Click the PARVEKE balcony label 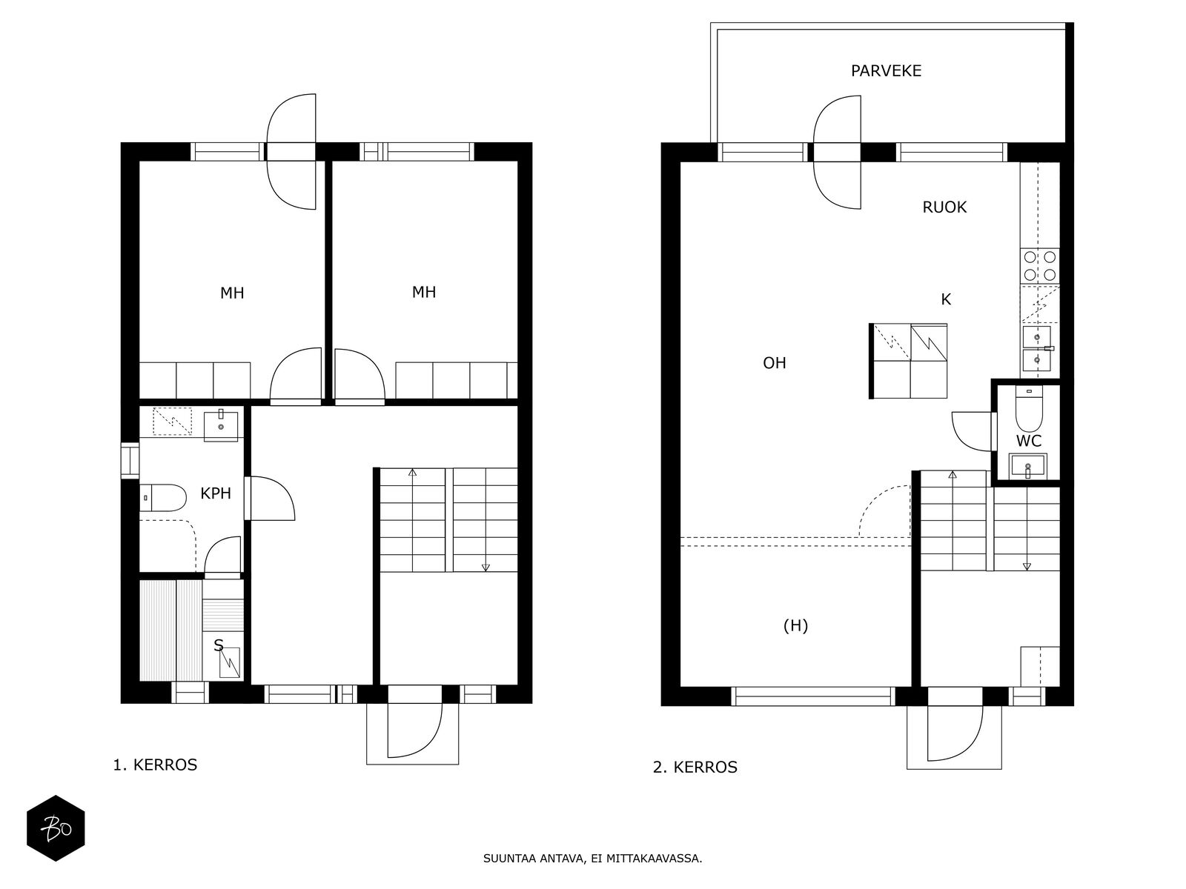[x=886, y=70]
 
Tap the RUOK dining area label [x=944, y=207]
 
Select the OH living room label [x=775, y=363]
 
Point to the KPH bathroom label [x=216, y=493]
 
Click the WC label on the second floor [x=1029, y=441]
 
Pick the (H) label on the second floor [x=795, y=625]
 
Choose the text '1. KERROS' [x=155, y=765]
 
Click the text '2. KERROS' [x=695, y=767]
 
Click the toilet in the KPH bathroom [x=163, y=498]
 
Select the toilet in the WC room [x=1029, y=409]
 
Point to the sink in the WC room [x=1027, y=467]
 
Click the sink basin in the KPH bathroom [x=220, y=426]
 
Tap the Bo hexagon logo [x=56, y=828]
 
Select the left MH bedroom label [x=232, y=293]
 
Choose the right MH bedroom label [x=423, y=292]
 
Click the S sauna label [x=218, y=645]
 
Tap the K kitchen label [x=946, y=299]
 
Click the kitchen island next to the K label [x=908, y=361]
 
